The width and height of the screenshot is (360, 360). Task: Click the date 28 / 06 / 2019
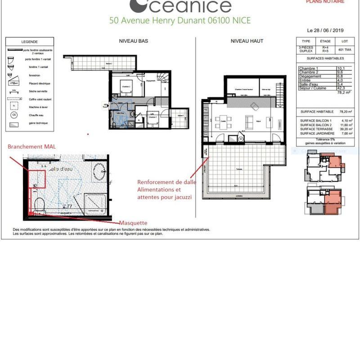tap(326, 31)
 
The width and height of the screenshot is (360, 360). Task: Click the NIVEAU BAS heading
tap(133, 41)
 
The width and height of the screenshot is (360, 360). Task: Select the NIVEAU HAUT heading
tap(247, 41)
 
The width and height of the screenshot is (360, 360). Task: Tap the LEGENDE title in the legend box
tap(29, 42)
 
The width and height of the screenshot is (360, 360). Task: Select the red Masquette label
tap(133, 223)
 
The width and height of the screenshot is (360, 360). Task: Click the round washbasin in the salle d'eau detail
tap(99, 172)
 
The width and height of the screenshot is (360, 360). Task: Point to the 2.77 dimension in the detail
tap(67, 206)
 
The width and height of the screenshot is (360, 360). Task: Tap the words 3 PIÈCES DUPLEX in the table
tap(306, 49)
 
